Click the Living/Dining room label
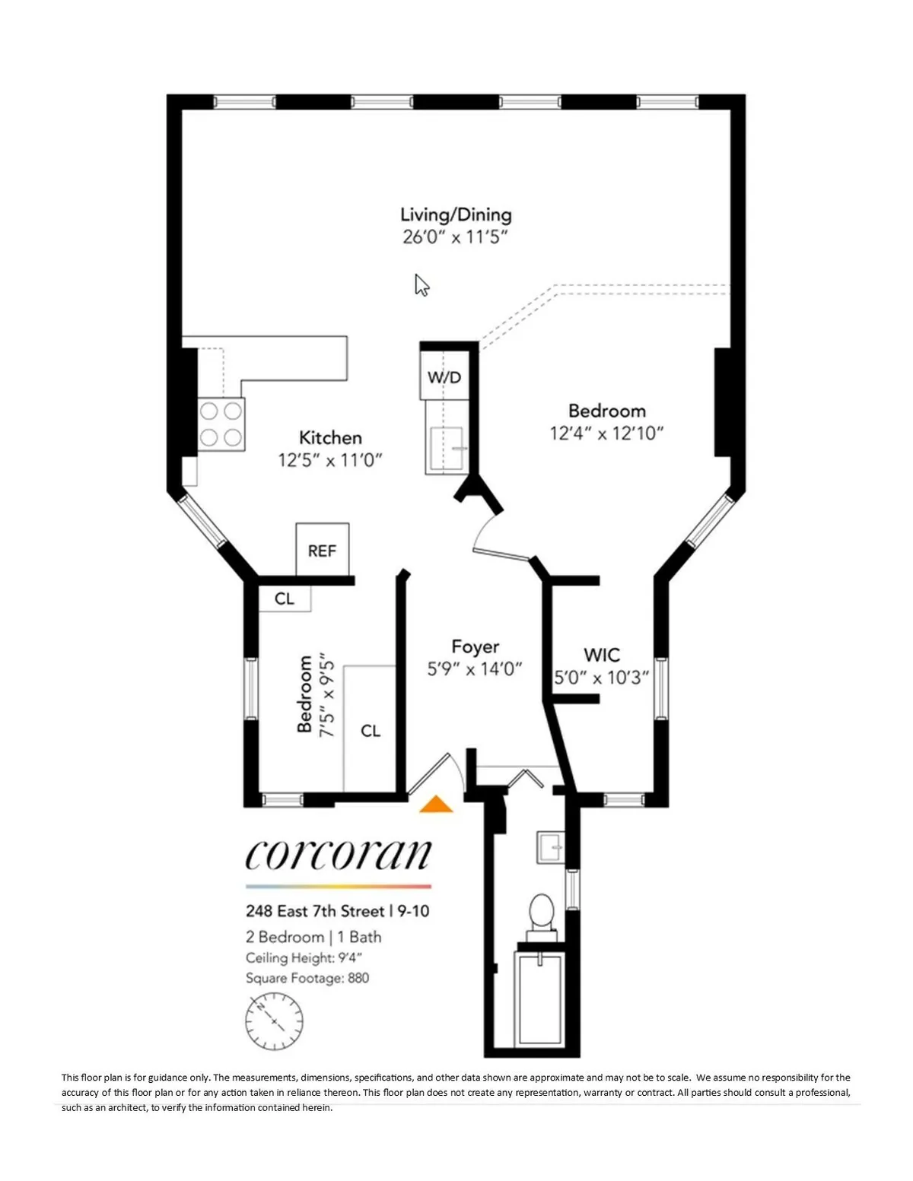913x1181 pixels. pos(456,214)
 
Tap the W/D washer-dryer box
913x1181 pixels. pos(444,376)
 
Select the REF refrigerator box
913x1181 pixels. pos(322,550)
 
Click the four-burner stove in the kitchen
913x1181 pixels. pos(221,424)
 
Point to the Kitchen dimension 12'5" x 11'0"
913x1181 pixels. pos(329,460)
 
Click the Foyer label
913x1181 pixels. pos(475,646)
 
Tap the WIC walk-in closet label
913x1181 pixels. pos(601,655)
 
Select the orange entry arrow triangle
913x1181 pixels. pos(437,805)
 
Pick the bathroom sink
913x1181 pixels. pos(550,847)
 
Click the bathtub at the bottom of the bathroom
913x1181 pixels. pos(539,1000)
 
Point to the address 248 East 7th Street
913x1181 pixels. pos(315,910)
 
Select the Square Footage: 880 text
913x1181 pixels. pos(307,978)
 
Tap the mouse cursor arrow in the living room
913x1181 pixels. pos(422,285)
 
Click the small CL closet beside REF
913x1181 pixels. pos(284,598)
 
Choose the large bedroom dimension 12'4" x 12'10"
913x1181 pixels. pos(606,433)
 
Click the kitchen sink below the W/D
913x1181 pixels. pos(447,449)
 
